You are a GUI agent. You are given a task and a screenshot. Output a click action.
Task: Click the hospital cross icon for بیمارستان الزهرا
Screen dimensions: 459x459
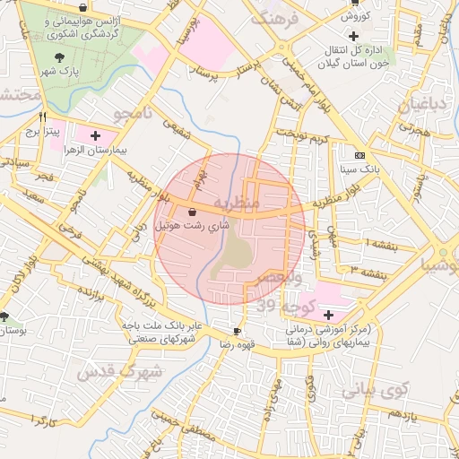tap(96, 134)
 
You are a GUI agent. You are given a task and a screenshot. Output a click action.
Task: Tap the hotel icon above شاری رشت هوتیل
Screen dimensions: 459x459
tap(194, 212)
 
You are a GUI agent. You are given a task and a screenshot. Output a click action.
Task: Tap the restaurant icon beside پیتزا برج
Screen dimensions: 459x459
tap(42, 117)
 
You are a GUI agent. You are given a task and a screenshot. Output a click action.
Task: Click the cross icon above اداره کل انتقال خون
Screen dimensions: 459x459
tap(353, 35)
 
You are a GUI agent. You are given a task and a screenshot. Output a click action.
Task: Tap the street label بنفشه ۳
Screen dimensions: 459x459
tap(368, 271)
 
